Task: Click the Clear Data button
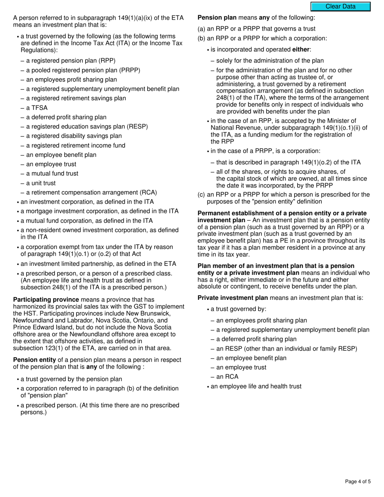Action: click(x=340, y=6)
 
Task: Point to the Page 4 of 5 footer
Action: click(x=357, y=481)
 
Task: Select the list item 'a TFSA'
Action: click(x=37, y=108)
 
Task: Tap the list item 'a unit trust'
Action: click(x=41, y=183)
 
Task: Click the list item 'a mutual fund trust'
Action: click(x=52, y=173)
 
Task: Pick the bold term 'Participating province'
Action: click(x=46, y=299)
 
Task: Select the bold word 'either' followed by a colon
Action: click(x=301, y=50)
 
